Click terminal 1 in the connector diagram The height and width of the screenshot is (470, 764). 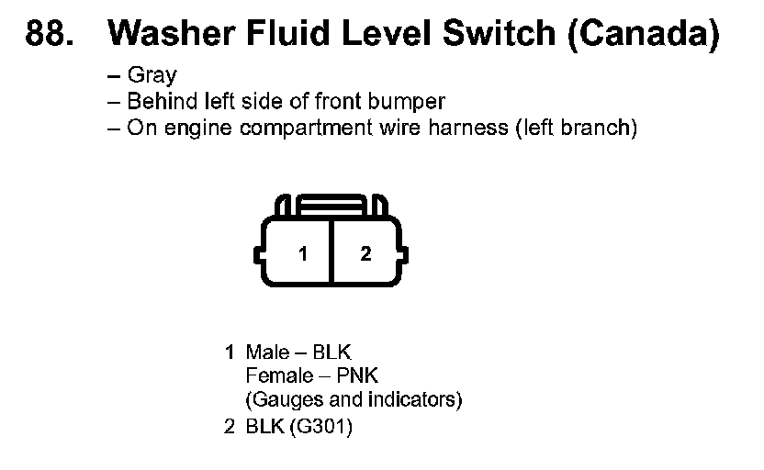click(x=303, y=254)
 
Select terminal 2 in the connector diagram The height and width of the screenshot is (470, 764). click(x=365, y=254)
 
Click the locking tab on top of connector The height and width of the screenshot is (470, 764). click(x=333, y=204)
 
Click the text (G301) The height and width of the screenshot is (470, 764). click(x=320, y=428)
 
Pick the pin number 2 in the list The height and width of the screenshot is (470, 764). click(x=230, y=428)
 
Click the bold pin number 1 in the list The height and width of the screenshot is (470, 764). click(x=230, y=352)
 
